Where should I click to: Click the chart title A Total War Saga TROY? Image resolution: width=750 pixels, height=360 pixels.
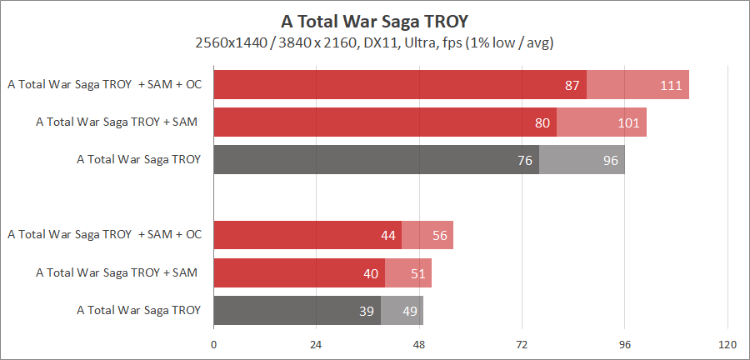(x=374, y=20)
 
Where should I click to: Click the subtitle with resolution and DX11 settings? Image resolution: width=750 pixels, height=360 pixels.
(x=374, y=42)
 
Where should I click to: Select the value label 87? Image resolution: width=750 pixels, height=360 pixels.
(x=572, y=85)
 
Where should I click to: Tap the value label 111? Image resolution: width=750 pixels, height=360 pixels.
(x=671, y=85)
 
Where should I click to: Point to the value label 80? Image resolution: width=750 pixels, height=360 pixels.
(x=542, y=122)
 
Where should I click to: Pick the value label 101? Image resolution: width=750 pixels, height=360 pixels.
(x=628, y=122)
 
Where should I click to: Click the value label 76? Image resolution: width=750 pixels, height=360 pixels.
(x=525, y=160)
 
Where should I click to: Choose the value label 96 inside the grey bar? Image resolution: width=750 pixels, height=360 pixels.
(x=611, y=160)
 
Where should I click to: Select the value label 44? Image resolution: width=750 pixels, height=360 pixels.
(x=387, y=235)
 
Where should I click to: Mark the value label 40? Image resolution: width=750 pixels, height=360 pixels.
(x=371, y=272)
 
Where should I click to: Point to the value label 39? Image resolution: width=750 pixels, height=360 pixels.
(x=367, y=310)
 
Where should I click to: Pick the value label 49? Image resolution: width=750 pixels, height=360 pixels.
(x=410, y=310)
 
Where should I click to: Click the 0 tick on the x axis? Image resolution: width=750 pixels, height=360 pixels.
(x=214, y=345)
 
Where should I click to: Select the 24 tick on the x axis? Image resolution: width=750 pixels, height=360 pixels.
(x=317, y=345)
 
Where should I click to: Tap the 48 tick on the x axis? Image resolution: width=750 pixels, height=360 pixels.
(x=420, y=345)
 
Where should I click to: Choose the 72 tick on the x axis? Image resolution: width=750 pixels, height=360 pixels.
(x=522, y=345)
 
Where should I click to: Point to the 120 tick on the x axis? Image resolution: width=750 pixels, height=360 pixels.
(x=727, y=345)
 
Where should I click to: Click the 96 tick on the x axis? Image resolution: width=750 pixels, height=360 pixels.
(x=625, y=345)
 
